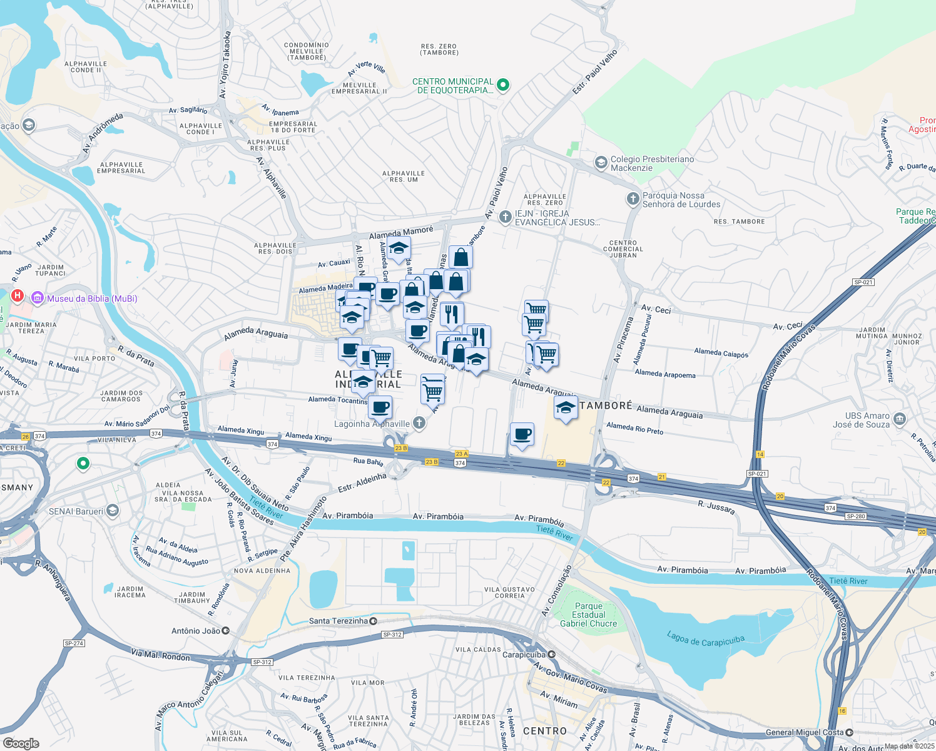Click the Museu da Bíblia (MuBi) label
point(92,299)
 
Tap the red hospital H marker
point(18,295)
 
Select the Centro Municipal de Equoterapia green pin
point(504,85)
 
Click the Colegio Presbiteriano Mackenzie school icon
point(601,163)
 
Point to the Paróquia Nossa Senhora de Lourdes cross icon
point(633,200)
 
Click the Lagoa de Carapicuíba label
point(705,640)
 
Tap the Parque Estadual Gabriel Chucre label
point(588,615)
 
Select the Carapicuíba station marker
point(551,655)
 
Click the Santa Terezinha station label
point(338,621)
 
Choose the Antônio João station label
point(196,631)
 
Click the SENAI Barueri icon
point(112,511)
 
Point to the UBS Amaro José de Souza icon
point(900,419)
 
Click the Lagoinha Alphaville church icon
point(419,424)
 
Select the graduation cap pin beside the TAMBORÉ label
point(566,408)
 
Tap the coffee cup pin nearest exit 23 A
point(522,434)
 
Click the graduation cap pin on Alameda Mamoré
point(399,248)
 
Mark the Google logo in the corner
point(21,743)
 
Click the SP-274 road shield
point(74,643)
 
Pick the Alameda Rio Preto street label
point(634,428)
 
